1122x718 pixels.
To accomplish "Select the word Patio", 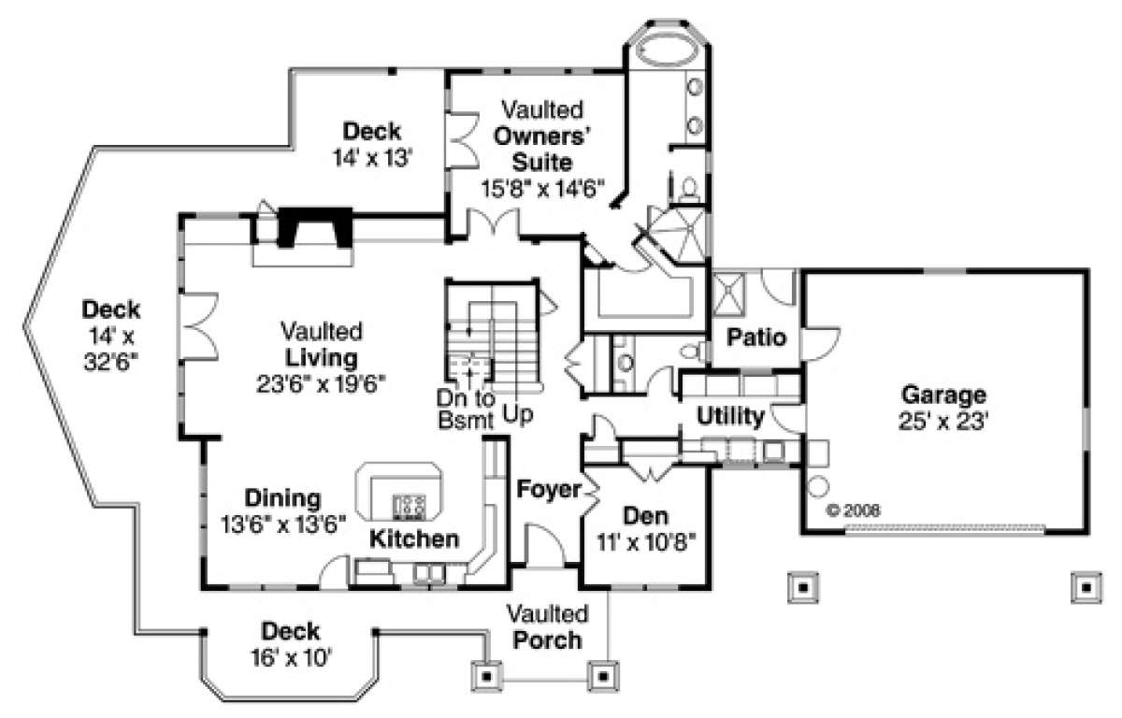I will [756, 337].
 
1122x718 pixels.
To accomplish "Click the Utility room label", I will [731, 416].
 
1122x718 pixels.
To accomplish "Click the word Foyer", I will [547, 488].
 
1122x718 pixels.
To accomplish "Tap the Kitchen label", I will [414, 538].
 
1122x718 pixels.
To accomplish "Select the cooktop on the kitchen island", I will [409, 506].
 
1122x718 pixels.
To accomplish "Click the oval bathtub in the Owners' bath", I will [668, 50].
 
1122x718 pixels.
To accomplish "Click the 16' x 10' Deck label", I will [290, 657].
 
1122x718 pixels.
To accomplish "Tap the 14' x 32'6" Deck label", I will [111, 334].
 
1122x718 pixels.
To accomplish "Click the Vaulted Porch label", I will [548, 627].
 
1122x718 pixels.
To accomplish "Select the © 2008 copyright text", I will [853, 511].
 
